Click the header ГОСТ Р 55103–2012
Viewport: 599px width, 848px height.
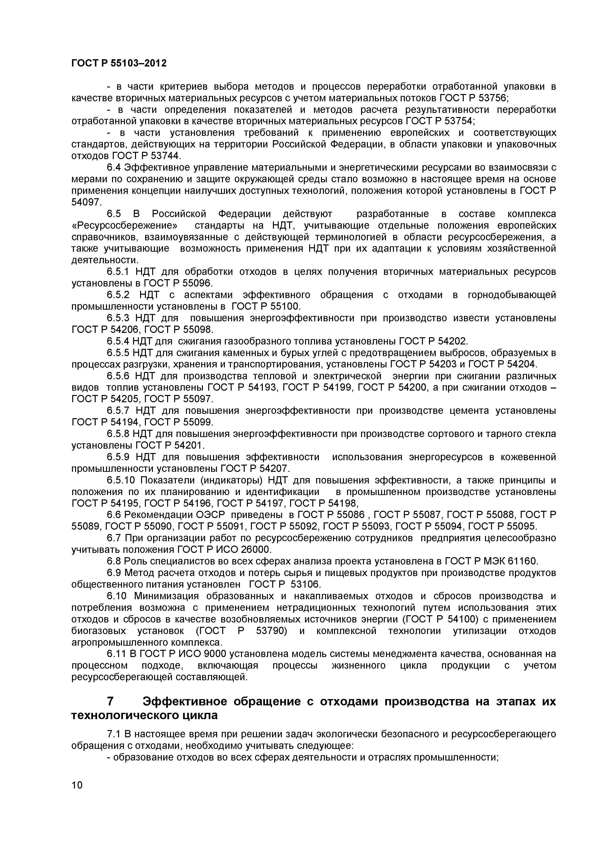(119, 64)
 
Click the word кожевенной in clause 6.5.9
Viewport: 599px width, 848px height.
(528, 457)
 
